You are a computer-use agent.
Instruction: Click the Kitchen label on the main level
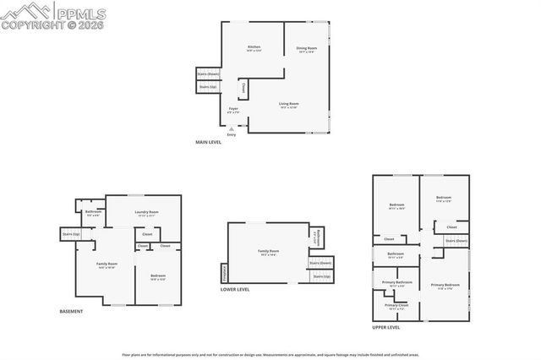click(x=254, y=47)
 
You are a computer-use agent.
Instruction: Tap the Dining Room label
click(x=306, y=48)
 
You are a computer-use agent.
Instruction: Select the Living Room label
click(x=289, y=104)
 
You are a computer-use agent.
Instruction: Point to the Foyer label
click(x=233, y=109)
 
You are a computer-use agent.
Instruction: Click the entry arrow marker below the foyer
click(x=232, y=129)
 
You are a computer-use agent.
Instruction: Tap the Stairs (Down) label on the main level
click(x=208, y=74)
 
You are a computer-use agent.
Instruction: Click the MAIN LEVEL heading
click(x=208, y=142)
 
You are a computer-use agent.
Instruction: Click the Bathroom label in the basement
click(x=93, y=212)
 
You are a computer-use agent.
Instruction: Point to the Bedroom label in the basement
click(x=158, y=276)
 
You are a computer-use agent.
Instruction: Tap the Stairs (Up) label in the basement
click(x=70, y=234)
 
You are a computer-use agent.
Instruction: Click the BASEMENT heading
click(x=71, y=312)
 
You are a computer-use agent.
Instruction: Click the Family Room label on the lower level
click(x=268, y=251)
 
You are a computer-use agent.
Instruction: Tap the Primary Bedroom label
click(x=445, y=284)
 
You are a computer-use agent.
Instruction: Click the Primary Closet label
click(x=396, y=305)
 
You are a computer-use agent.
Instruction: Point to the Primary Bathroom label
click(x=396, y=281)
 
